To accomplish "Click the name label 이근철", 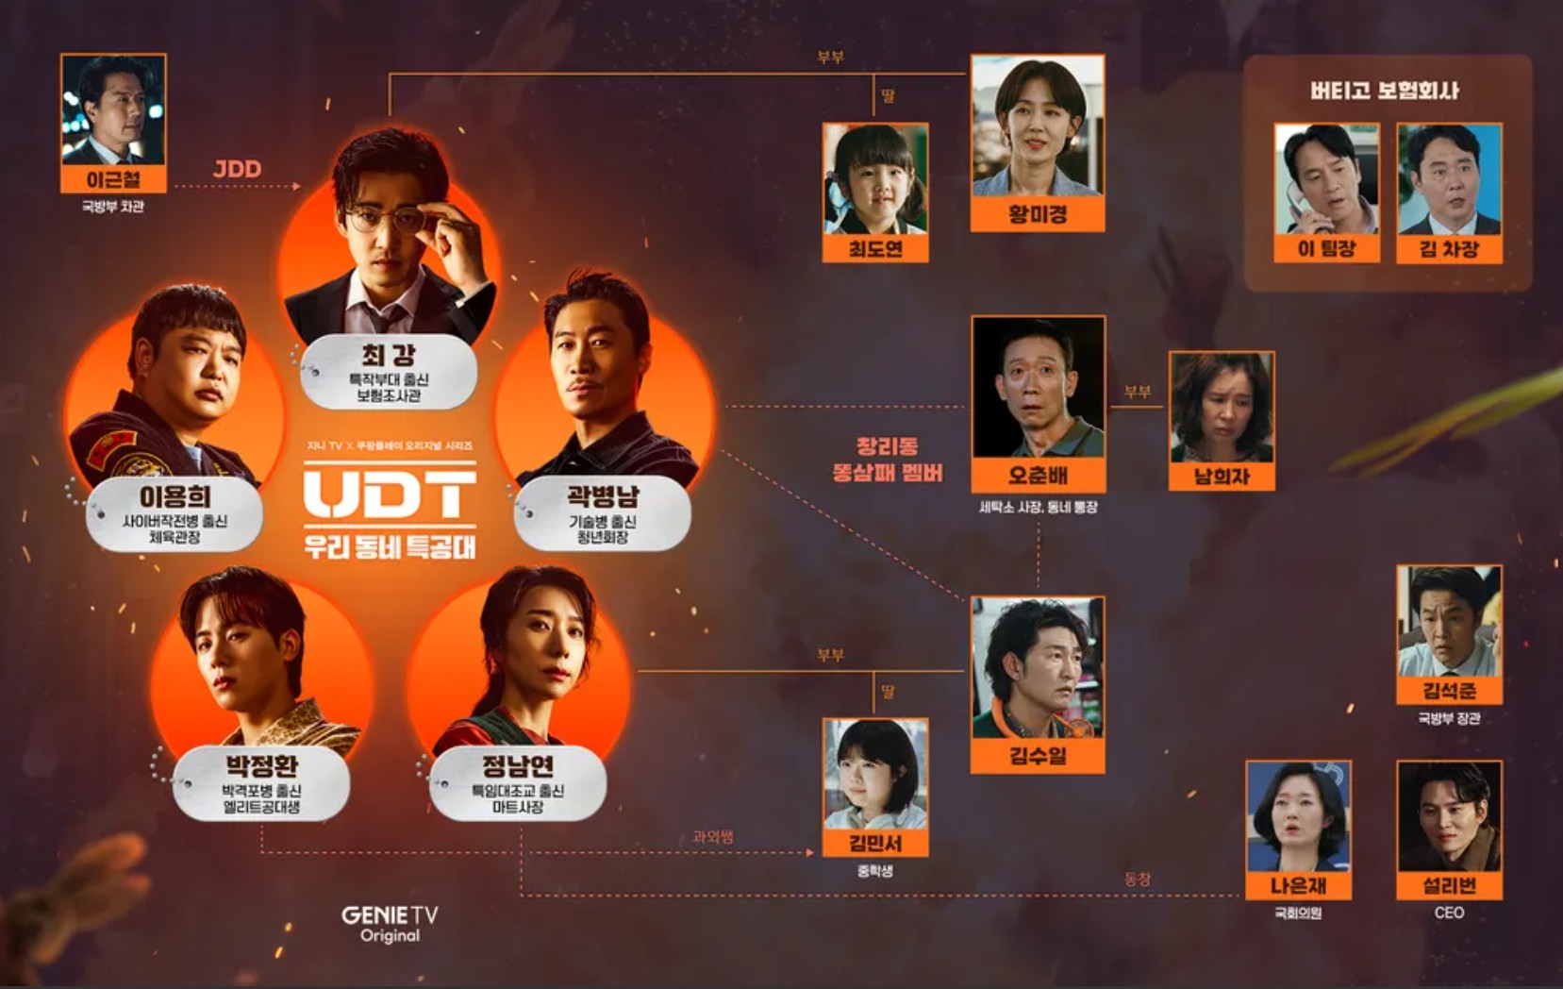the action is click(113, 179).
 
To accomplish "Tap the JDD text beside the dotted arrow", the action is click(237, 169).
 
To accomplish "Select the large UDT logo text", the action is click(390, 494).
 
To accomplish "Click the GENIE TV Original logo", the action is click(390, 923).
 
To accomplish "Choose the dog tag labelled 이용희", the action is click(175, 513).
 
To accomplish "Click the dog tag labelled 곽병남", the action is click(603, 513).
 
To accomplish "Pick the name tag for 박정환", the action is click(261, 782).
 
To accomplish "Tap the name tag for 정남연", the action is click(518, 782).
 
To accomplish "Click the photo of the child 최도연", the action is click(875, 179).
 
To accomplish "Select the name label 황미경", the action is click(1038, 214).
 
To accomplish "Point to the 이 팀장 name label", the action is click(1326, 249).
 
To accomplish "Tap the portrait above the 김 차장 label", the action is click(1449, 179).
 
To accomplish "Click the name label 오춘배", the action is click(1038, 475).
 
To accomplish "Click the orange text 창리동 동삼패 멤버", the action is click(887, 459).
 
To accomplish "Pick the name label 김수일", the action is click(1038, 755).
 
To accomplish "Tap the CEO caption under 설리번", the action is click(1449, 913).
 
